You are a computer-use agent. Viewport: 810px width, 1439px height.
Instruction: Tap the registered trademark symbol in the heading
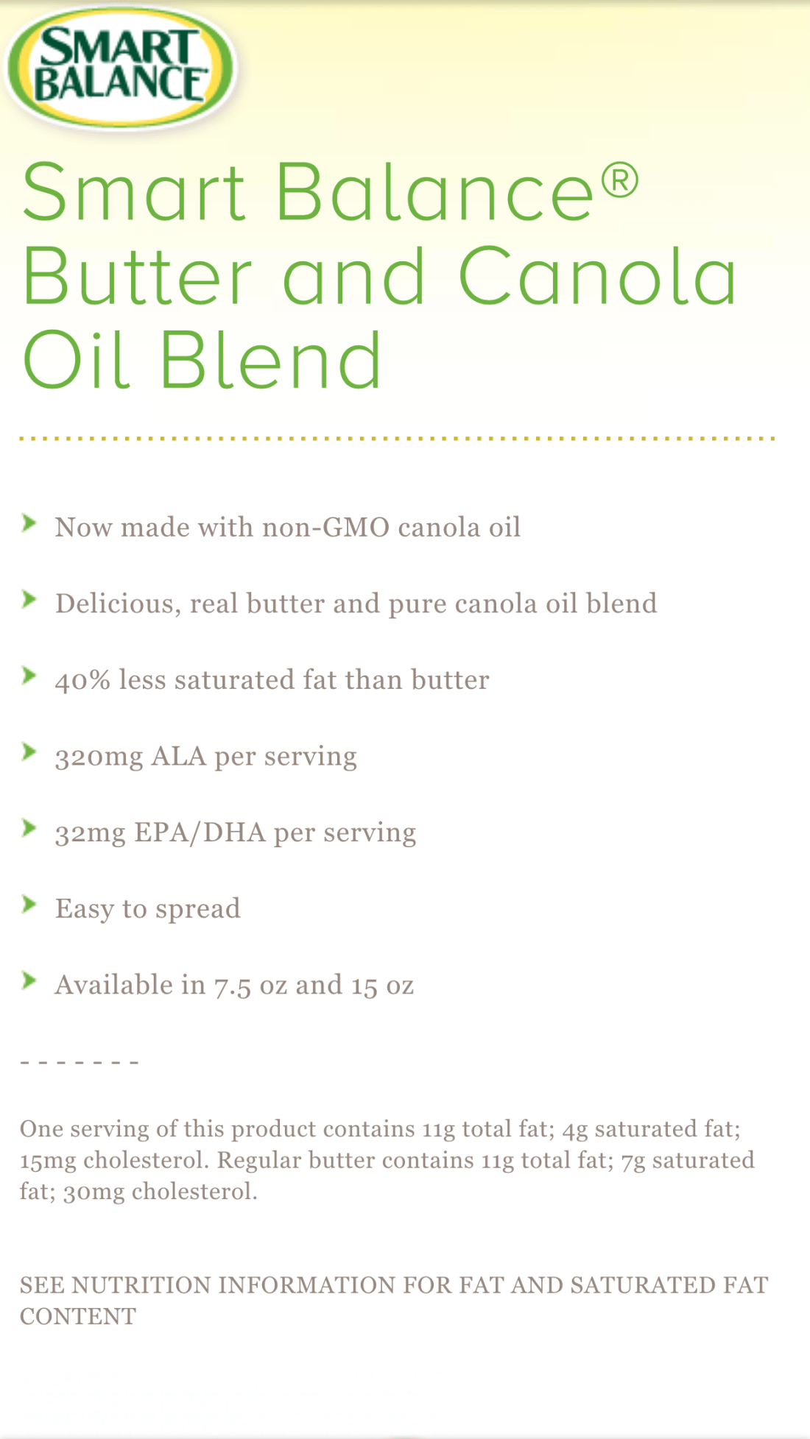[x=620, y=181]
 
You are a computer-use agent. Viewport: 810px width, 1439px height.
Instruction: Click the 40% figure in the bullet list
[x=82, y=680]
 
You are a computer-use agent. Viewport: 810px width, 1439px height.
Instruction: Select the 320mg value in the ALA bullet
[x=99, y=757]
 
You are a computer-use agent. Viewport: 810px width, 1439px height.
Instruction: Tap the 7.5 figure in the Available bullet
[x=233, y=986]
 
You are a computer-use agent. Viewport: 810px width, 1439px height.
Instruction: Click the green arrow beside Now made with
[x=29, y=523]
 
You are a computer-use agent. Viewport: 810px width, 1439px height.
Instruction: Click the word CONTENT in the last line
[x=78, y=1317]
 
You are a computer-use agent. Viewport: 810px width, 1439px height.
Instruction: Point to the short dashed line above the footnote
[x=80, y=1063]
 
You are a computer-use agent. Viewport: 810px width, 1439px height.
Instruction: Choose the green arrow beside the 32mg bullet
[x=29, y=827]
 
